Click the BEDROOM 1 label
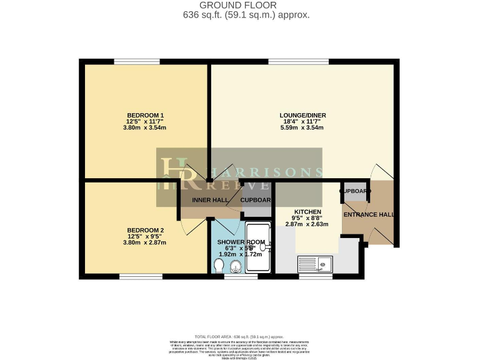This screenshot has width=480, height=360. pyautogui.click(x=145, y=116)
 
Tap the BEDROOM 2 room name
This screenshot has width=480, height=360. pyautogui.click(x=145, y=229)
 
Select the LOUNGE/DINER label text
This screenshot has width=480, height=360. pyautogui.click(x=302, y=116)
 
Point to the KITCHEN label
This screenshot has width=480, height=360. pyautogui.click(x=307, y=212)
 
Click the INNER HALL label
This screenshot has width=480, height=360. pyautogui.click(x=210, y=200)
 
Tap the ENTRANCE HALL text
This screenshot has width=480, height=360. pyautogui.click(x=369, y=215)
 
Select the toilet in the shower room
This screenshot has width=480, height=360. pyautogui.click(x=218, y=267)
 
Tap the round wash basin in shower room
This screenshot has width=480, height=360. pyautogui.click(x=236, y=268)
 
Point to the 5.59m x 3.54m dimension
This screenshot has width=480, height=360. pyautogui.click(x=302, y=128)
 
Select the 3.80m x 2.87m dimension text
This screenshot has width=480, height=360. pyautogui.click(x=145, y=242)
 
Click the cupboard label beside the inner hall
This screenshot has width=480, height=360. pyautogui.click(x=256, y=200)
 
